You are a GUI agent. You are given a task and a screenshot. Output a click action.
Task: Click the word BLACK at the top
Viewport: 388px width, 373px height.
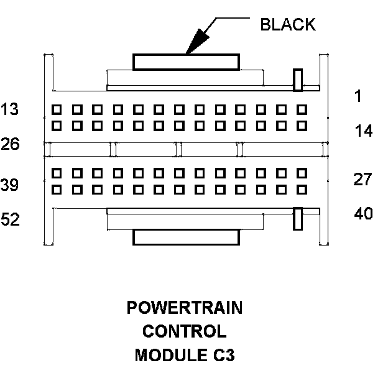pos(287,24)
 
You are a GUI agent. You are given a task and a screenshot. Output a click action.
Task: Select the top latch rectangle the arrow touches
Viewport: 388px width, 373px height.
pos(186,61)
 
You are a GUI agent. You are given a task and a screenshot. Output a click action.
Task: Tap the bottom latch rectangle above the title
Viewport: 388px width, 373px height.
pos(186,237)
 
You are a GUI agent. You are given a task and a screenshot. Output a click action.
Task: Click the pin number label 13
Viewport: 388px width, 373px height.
pos(10,109)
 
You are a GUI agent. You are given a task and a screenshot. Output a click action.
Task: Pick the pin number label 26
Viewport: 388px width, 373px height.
pos(10,144)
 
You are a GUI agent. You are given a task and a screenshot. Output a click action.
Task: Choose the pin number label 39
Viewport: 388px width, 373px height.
pos(10,185)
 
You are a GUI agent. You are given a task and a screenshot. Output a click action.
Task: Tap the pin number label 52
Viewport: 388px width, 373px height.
pos(10,219)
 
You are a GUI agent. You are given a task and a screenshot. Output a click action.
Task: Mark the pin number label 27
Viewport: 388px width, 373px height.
pos(363,180)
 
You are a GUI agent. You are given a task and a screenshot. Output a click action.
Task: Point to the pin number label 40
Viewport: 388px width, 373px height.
pos(363,214)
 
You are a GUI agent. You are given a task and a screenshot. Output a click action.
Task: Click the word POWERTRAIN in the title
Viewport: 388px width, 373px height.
pos(185,308)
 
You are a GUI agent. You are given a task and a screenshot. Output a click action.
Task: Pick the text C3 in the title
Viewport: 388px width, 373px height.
pos(224,356)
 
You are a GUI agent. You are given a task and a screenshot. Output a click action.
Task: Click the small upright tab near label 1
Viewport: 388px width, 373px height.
pos(298,79)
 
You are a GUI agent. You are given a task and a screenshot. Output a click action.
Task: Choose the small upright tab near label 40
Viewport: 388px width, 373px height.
pos(298,218)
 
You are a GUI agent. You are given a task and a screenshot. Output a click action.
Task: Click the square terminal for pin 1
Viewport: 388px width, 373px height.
pos(302,109)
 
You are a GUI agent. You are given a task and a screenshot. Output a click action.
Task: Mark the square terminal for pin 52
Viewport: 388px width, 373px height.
pos(57,189)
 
